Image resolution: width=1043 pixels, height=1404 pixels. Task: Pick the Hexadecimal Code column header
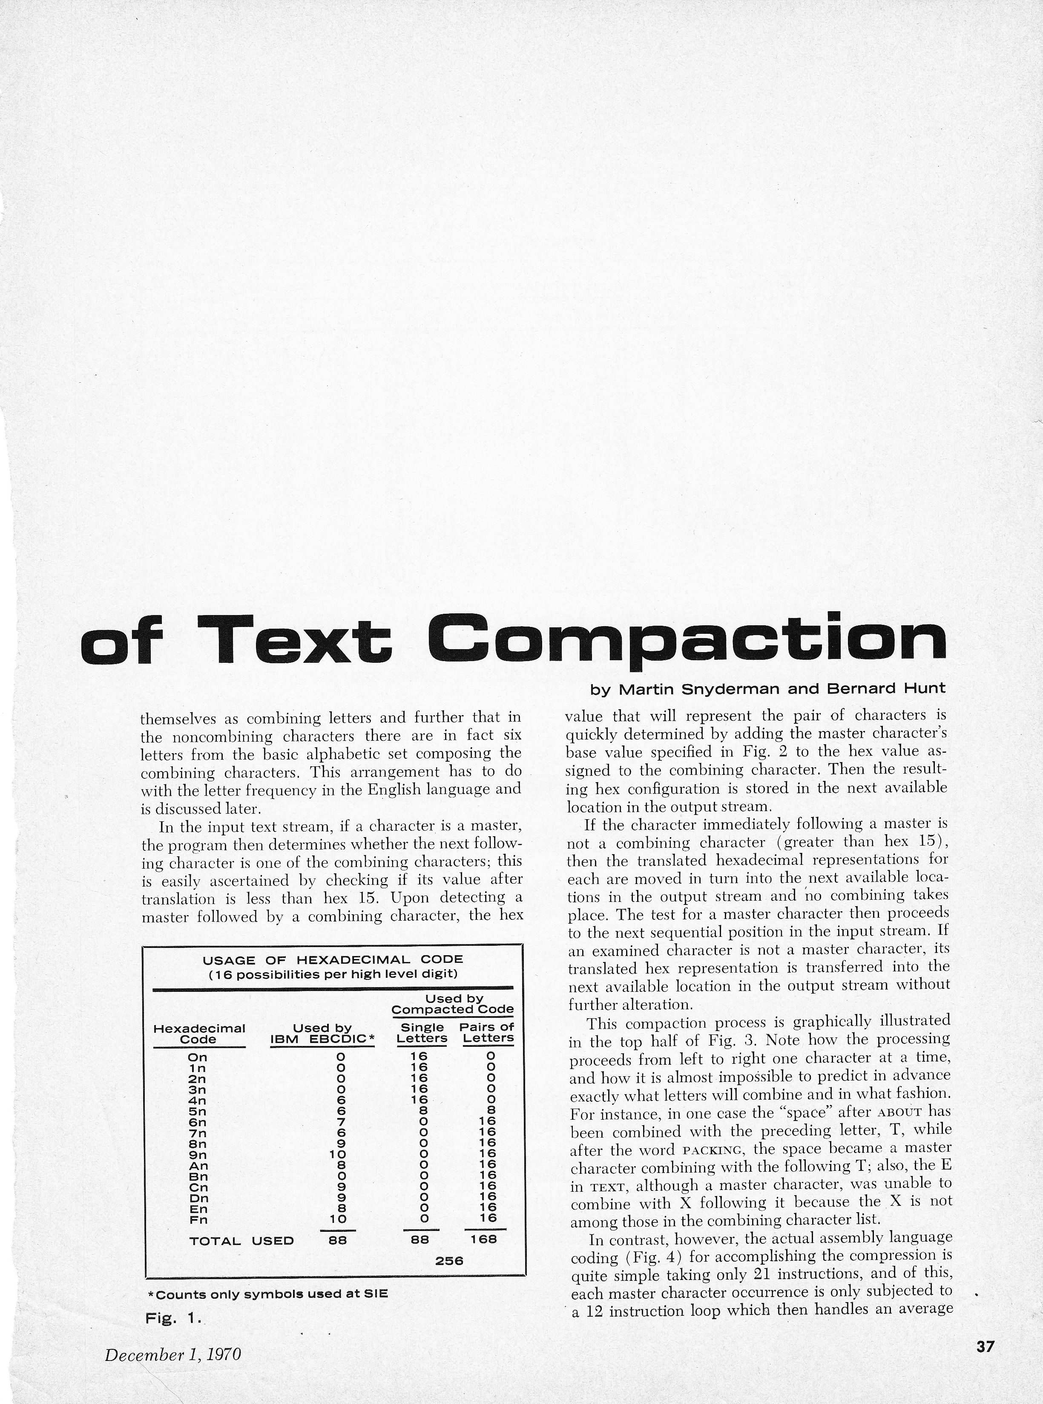pyautogui.click(x=199, y=1034)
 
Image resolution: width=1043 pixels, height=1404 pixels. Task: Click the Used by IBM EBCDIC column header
pyautogui.click(x=323, y=1034)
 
